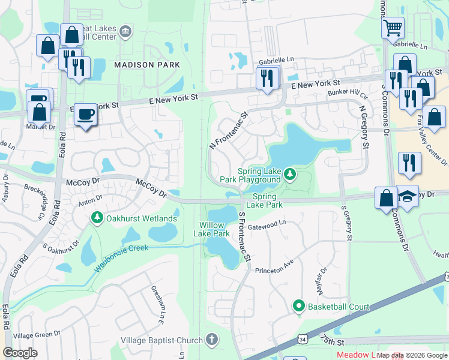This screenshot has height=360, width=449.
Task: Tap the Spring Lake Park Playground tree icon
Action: [x=291, y=175]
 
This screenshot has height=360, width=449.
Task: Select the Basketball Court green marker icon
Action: [x=298, y=307]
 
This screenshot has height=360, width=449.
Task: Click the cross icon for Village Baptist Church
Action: [x=211, y=340]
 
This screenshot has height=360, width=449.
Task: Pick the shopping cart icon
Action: [x=393, y=27]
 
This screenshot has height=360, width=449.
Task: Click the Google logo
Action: [x=20, y=353]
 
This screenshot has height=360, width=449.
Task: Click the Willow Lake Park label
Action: [x=215, y=229]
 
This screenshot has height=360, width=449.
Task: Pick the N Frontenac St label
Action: [x=229, y=130]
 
